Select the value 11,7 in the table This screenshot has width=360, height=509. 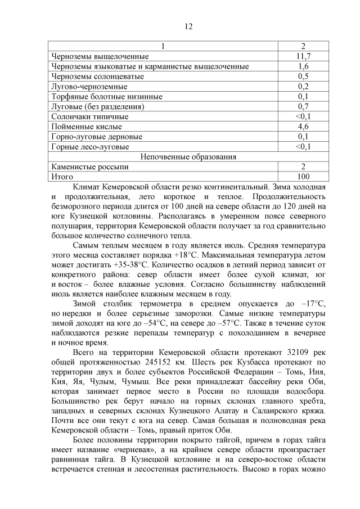(303, 56)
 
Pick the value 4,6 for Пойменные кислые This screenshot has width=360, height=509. (303, 127)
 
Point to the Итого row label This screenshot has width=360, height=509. (62, 177)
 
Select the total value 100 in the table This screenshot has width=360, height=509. (303, 177)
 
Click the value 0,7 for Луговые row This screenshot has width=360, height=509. (303, 106)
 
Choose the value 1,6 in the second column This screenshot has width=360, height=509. (303, 66)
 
